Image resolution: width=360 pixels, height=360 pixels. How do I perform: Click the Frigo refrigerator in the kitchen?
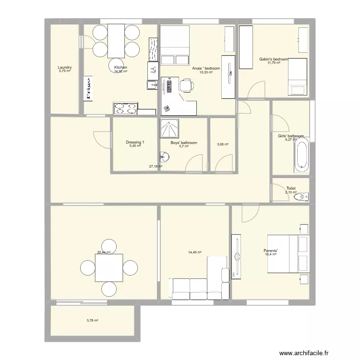[88, 88]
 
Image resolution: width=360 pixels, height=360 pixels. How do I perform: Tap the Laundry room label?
[64, 68]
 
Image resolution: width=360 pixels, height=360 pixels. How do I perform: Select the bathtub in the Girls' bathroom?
[301, 154]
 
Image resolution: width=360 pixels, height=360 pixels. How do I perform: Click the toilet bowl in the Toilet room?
[302, 196]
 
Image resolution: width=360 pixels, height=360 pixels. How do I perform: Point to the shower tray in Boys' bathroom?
[169, 128]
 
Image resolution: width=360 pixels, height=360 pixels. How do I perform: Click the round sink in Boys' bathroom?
[164, 157]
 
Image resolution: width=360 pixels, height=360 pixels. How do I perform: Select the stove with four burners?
[125, 108]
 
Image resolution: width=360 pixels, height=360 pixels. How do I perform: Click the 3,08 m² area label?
[222, 144]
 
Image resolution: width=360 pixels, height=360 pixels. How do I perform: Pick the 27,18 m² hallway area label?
[156, 167]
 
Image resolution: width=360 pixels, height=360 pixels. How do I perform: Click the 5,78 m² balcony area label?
[92, 321]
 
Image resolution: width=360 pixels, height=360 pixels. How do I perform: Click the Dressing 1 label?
[135, 143]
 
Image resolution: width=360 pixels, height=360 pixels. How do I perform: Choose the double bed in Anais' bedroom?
[174, 45]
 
